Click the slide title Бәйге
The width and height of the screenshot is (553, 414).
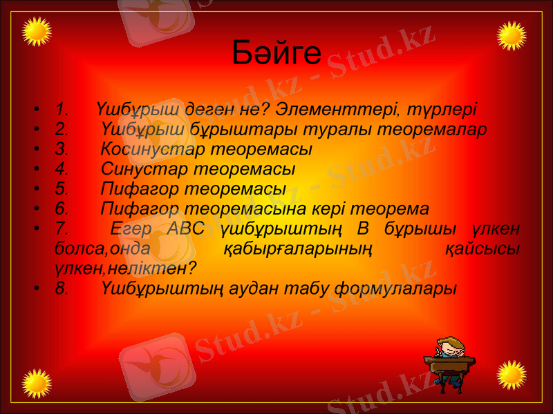(276, 52)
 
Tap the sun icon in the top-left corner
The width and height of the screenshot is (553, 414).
(37, 33)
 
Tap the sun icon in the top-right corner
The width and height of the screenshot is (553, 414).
(512, 35)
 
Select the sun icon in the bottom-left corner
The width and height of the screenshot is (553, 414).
(37, 382)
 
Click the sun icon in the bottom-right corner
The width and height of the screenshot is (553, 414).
(512, 375)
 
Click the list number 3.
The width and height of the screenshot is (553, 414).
(62, 149)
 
